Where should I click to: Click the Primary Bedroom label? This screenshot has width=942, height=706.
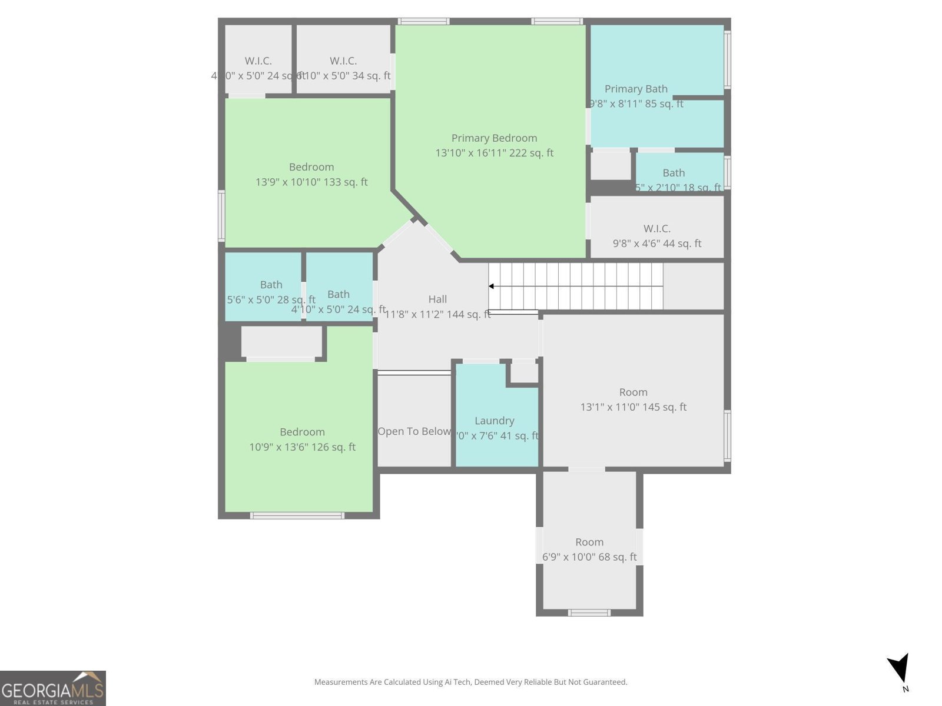(x=494, y=138)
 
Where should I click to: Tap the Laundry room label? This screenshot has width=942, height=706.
(x=494, y=421)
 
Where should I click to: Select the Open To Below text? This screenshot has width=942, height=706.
(x=414, y=431)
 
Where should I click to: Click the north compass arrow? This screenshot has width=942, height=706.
(x=900, y=670)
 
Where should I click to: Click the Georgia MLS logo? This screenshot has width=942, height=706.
(x=52, y=688)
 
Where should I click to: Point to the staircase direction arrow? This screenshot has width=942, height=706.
(x=491, y=287)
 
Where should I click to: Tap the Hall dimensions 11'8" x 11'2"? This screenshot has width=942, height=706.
(x=437, y=314)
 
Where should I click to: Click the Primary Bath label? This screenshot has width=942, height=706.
(x=636, y=89)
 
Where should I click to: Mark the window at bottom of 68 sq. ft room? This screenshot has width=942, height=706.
(x=589, y=612)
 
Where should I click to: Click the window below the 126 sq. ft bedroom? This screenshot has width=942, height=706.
(x=297, y=516)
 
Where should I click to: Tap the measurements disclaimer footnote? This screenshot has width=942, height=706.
(x=470, y=682)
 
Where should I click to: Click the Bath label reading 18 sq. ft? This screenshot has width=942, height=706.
(x=674, y=173)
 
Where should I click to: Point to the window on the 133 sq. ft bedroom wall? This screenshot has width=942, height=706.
(x=221, y=215)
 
